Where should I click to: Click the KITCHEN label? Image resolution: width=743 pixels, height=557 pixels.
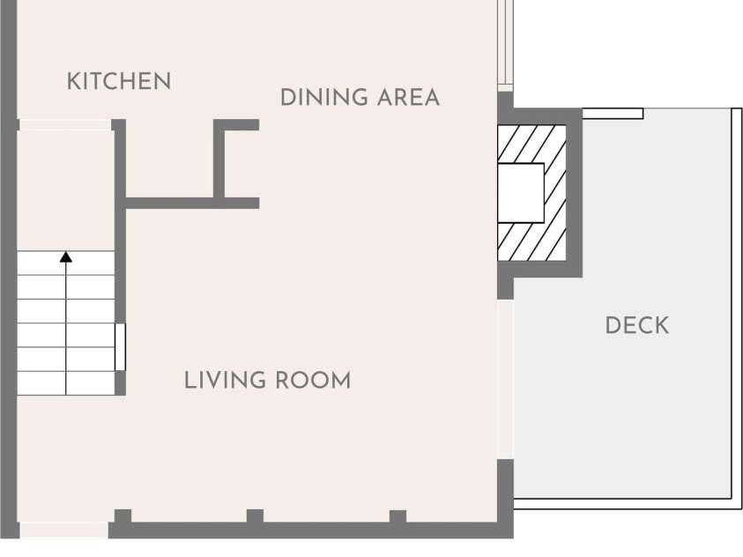(x=119, y=81)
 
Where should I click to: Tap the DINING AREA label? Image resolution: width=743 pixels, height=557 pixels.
(x=360, y=98)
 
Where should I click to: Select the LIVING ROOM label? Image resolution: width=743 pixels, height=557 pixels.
(x=267, y=381)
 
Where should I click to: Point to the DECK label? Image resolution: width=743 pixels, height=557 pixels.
(x=637, y=325)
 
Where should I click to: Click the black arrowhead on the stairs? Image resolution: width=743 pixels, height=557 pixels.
(x=66, y=257)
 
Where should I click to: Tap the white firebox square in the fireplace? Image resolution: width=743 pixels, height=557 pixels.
(x=521, y=193)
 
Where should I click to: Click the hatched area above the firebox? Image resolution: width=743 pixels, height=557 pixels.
(x=531, y=144)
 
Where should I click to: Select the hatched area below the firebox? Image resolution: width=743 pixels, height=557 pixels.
(x=531, y=241)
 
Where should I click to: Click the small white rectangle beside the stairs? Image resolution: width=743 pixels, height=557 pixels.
(x=121, y=347)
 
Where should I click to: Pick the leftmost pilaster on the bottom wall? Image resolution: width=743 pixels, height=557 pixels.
(x=123, y=516)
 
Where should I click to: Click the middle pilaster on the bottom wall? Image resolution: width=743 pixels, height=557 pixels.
(x=255, y=516)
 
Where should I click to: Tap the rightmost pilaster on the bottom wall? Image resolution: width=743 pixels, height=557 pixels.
(x=398, y=516)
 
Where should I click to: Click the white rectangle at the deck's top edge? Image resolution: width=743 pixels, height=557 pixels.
(x=613, y=114)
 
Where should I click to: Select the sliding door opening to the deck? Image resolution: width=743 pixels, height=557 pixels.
(x=505, y=379)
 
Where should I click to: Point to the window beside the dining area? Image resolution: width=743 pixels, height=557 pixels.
(x=506, y=46)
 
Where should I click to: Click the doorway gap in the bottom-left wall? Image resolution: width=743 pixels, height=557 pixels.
(x=64, y=530)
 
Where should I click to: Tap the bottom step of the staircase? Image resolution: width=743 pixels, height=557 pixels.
(x=66, y=383)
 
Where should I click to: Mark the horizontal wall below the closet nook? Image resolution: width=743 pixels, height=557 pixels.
(x=192, y=204)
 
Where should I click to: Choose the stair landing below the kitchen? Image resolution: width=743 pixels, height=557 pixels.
(x=66, y=190)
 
